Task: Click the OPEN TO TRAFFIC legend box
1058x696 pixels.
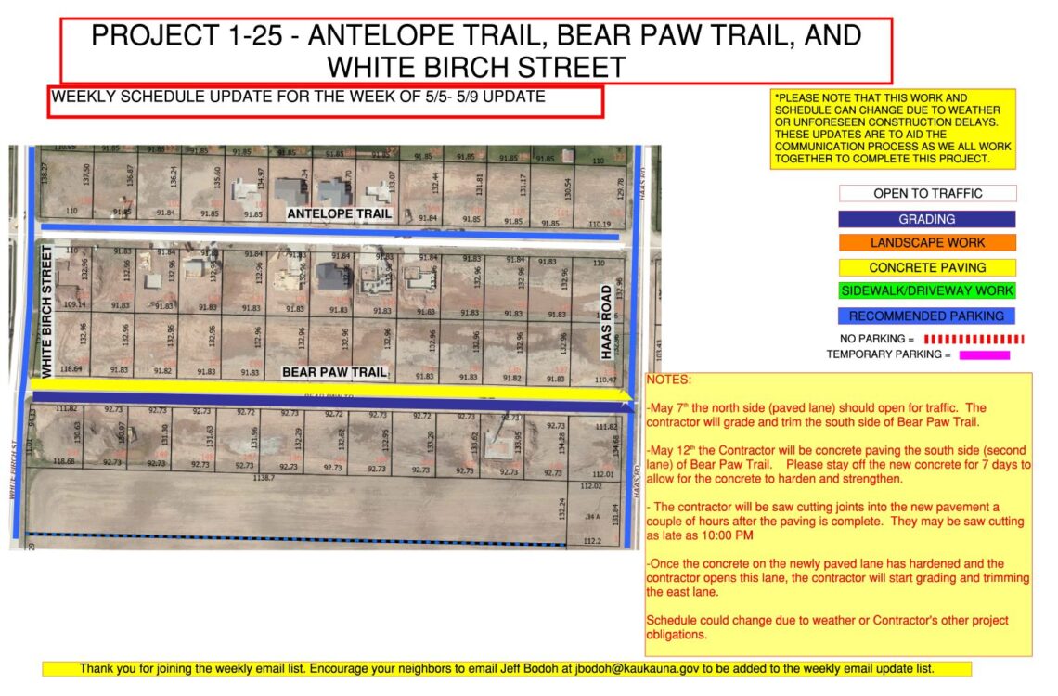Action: [x=927, y=194]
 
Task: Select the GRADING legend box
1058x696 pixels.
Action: [x=927, y=219]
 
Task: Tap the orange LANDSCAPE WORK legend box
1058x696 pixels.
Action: [x=927, y=243]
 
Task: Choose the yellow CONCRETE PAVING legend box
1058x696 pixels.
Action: [x=927, y=267]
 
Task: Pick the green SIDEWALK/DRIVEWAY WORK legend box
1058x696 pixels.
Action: [x=927, y=291]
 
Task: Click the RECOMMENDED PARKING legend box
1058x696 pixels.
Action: [x=927, y=316]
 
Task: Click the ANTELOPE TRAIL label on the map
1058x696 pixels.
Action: [x=339, y=214]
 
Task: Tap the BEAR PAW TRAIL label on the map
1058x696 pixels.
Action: [x=334, y=373]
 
